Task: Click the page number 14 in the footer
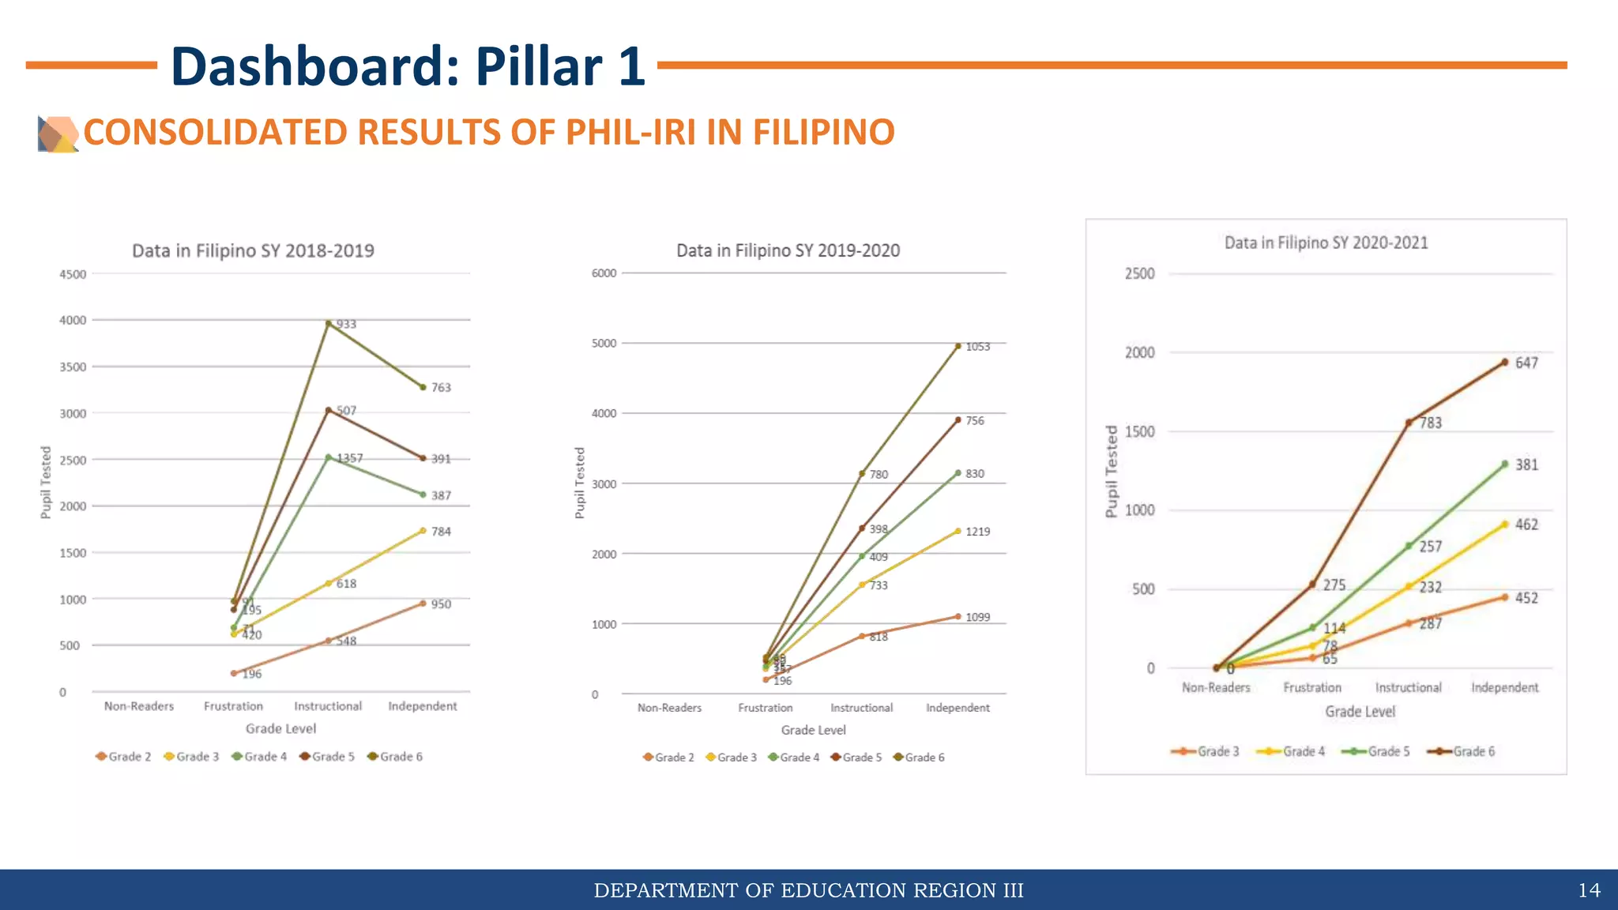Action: (x=1589, y=890)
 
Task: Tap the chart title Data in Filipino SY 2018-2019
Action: (x=253, y=251)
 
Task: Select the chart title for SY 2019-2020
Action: (x=788, y=251)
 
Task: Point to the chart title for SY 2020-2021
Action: (x=1326, y=243)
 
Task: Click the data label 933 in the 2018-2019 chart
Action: (x=346, y=325)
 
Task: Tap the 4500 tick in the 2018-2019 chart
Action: (x=73, y=275)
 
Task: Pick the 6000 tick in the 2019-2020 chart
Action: (x=604, y=273)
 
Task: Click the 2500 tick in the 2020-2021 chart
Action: (x=1139, y=274)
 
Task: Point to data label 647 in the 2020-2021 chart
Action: (x=1526, y=363)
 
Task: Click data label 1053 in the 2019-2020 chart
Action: (x=977, y=347)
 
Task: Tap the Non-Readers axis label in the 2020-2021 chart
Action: (x=1216, y=688)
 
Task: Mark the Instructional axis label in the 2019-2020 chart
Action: (x=861, y=708)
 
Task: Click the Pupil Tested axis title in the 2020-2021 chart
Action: (x=1112, y=472)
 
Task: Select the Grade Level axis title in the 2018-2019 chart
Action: (x=280, y=728)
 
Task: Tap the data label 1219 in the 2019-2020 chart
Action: (x=977, y=532)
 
